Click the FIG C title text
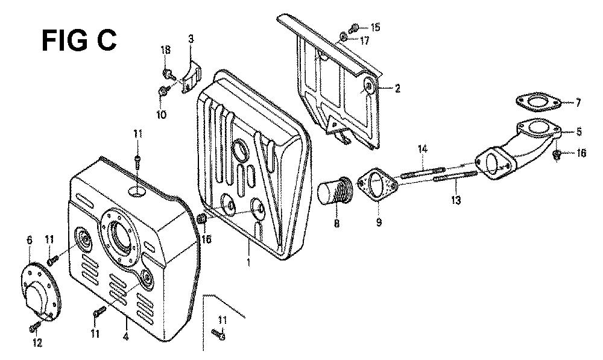[x=79, y=41]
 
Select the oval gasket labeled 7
[x=540, y=101]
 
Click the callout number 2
[x=397, y=89]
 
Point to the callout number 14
[x=423, y=149]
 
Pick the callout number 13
[x=456, y=200]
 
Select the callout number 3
[x=191, y=39]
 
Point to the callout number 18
[x=166, y=49]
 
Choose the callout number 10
[x=162, y=114]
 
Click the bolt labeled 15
[x=354, y=28]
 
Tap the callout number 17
[x=364, y=40]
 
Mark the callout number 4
[x=125, y=338]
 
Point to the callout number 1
[x=248, y=263]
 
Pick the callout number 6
[x=30, y=241]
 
